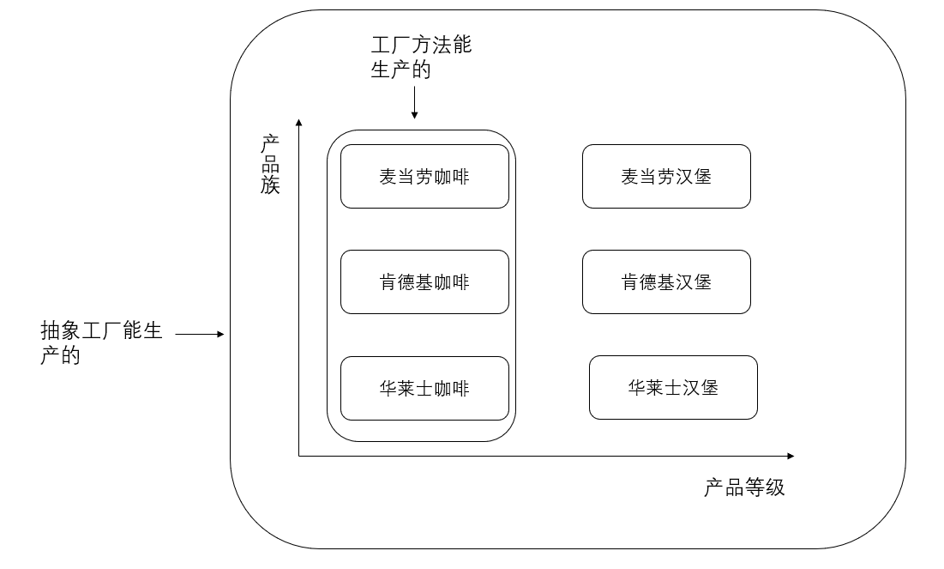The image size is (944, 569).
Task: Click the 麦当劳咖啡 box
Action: point(424,177)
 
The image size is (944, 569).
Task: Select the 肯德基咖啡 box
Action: point(424,282)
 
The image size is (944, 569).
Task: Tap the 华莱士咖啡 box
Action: point(424,389)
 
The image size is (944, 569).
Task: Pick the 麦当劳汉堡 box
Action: point(666,177)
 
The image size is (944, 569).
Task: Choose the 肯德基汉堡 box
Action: point(666,282)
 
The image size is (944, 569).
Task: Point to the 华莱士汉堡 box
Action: point(673,388)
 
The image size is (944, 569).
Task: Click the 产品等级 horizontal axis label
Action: point(744,488)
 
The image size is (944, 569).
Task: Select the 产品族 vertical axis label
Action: point(271,164)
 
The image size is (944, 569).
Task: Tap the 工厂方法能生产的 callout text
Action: point(421,58)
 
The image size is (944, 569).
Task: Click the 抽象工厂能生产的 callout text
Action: point(101,342)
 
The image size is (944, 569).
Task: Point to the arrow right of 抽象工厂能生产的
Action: point(200,334)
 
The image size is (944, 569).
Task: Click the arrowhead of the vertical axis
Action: point(298,121)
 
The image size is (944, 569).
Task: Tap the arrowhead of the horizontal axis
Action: point(790,456)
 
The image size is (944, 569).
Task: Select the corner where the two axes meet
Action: point(298,456)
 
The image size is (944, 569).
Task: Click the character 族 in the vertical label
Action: point(271,185)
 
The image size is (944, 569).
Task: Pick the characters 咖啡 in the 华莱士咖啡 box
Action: point(453,389)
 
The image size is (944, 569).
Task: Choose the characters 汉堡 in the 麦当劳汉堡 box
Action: point(694,177)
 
